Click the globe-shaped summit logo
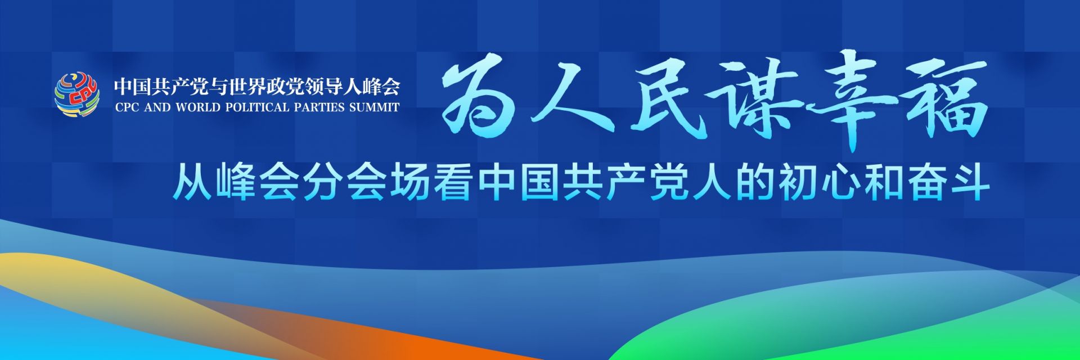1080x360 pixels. (77, 94)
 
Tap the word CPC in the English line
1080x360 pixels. (127, 107)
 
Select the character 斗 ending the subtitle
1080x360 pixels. (970, 181)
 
